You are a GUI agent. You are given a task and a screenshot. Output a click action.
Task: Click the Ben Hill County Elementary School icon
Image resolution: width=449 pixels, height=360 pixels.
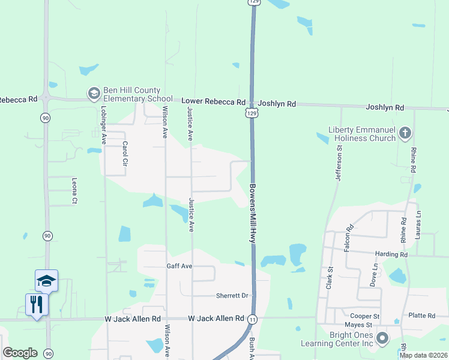[x=94, y=94]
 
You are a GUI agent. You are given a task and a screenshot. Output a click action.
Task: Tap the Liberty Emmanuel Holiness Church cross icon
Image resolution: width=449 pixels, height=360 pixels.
[x=405, y=133]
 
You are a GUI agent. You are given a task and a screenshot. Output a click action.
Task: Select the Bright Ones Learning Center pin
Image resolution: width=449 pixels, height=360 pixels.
[x=382, y=340]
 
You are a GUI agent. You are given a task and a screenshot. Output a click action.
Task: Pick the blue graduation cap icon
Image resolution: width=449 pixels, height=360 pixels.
[x=46, y=280]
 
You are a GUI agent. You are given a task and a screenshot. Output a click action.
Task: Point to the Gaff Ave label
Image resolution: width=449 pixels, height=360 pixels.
[x=179, y=265]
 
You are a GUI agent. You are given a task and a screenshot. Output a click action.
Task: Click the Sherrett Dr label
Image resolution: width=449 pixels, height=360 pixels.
[x=232, y=296]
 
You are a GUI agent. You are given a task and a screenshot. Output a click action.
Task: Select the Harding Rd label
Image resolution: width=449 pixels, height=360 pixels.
[x=391, y=254]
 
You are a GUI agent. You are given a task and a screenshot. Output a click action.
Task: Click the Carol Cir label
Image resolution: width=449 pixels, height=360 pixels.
[x=125, y=154]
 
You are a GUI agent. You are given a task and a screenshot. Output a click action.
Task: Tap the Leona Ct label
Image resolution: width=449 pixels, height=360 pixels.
[x=74, y=193]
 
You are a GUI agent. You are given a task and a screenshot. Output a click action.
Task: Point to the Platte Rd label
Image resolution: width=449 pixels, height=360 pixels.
[x=422, y=316]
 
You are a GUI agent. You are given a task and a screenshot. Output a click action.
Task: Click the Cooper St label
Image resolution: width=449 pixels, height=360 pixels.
[x=366, y=316]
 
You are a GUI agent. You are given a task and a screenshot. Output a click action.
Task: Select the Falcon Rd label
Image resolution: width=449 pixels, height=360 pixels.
[x=348, y=238]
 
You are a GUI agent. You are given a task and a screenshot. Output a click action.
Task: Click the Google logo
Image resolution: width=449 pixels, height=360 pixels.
[x=20, y=353]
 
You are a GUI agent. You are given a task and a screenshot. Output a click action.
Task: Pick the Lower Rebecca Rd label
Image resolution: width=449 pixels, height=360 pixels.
[x=214, y=102]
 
